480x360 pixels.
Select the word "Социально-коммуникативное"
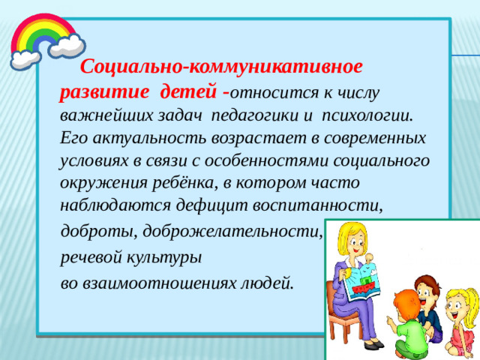click(222, 67)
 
